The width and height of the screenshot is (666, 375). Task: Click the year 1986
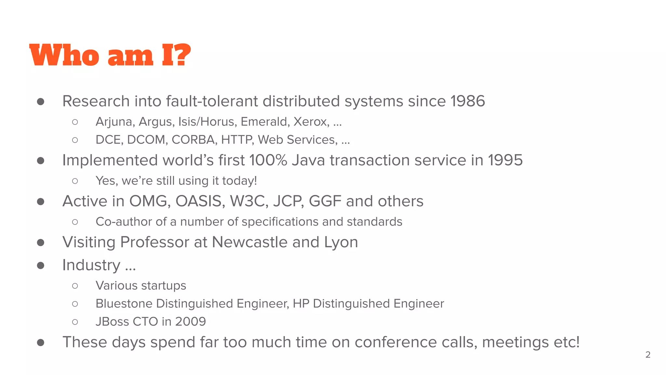pyautogui.click(x=468, y=101)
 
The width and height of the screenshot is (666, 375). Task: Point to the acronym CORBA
pyautogui.click(x=193, y=140)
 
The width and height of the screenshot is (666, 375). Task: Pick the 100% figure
pyautogui.click(x=268, y=160)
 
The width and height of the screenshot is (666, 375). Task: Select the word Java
pyautogui.click(x=308, y=160)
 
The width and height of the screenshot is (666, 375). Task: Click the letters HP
pyautogui.click(x=301, y=304)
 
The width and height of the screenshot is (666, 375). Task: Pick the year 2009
pyautogui.click(x=191, y=322)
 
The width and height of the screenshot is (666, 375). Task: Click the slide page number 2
pyautogui.click(x=648, y=354)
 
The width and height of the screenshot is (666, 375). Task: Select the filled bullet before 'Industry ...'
pyautogui.click(x=41, y=266)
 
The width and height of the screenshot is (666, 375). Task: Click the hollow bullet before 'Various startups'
pyautogui.click(x=75, y=286)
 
